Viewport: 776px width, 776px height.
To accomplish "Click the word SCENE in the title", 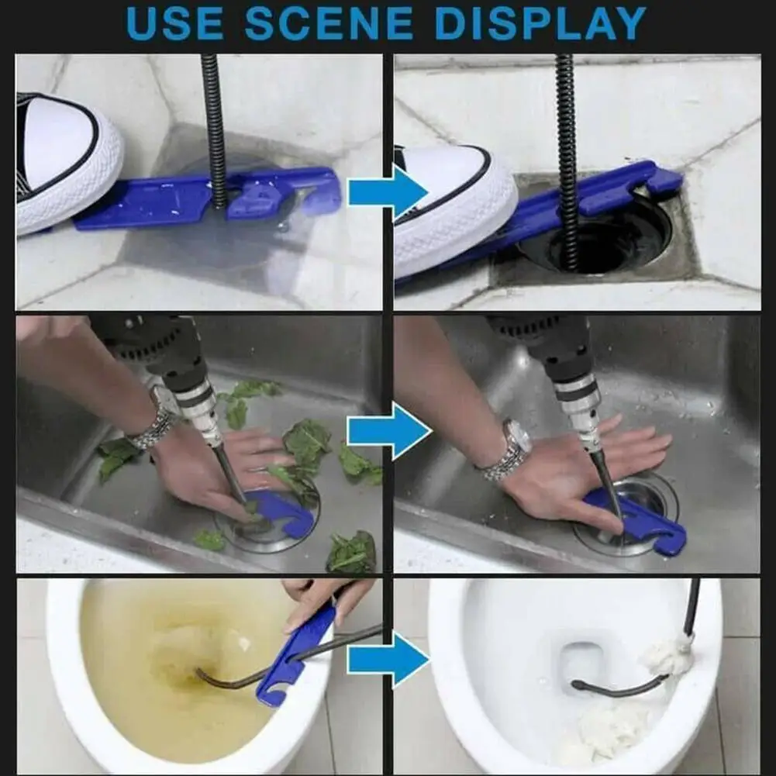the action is click(x=329, y=23).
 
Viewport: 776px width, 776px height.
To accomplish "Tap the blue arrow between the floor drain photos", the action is click(x=388, y=192).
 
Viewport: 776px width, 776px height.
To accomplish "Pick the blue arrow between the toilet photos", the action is click(x=388, y=660).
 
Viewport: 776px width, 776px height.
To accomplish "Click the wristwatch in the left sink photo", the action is click(x=157, y=421).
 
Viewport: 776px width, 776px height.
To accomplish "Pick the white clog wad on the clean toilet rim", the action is click(x=668, y=656).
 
